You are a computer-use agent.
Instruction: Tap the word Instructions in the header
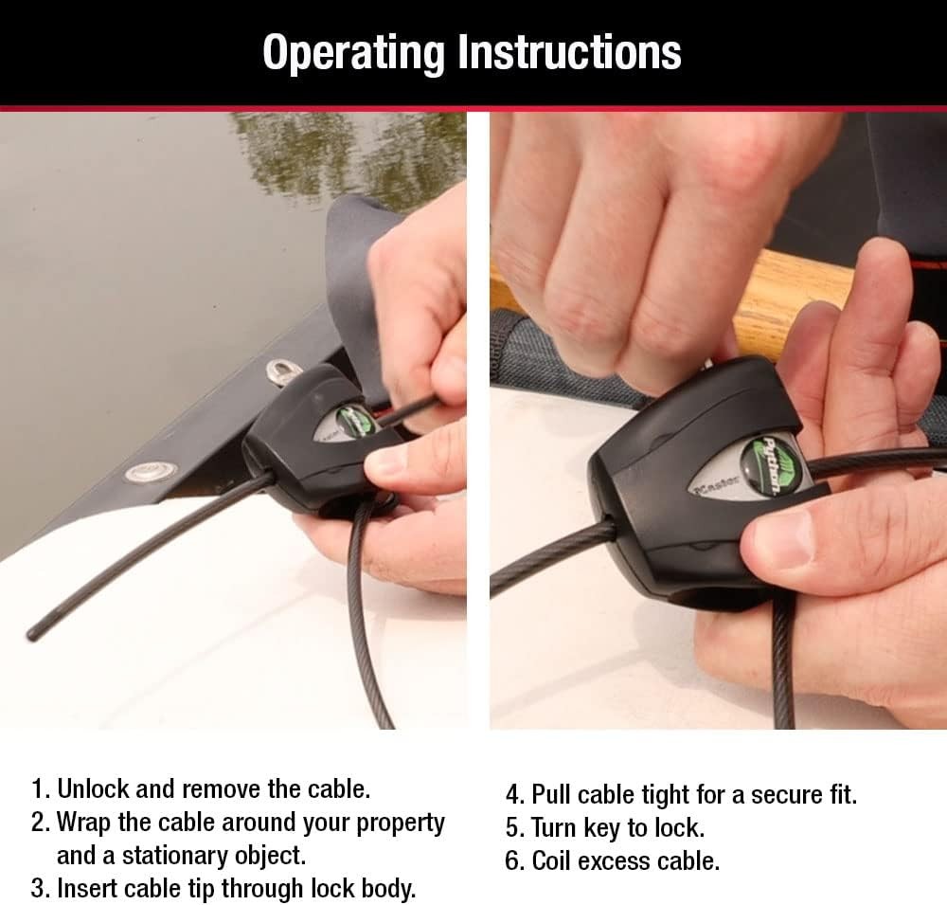[x=569, y=52]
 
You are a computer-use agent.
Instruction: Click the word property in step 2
[x=400, y=822]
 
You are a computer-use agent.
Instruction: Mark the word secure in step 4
[x=791, y=794]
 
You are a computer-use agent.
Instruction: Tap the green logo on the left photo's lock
[x=353, y=420]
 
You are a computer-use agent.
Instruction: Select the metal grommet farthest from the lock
[x=145, y=469]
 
